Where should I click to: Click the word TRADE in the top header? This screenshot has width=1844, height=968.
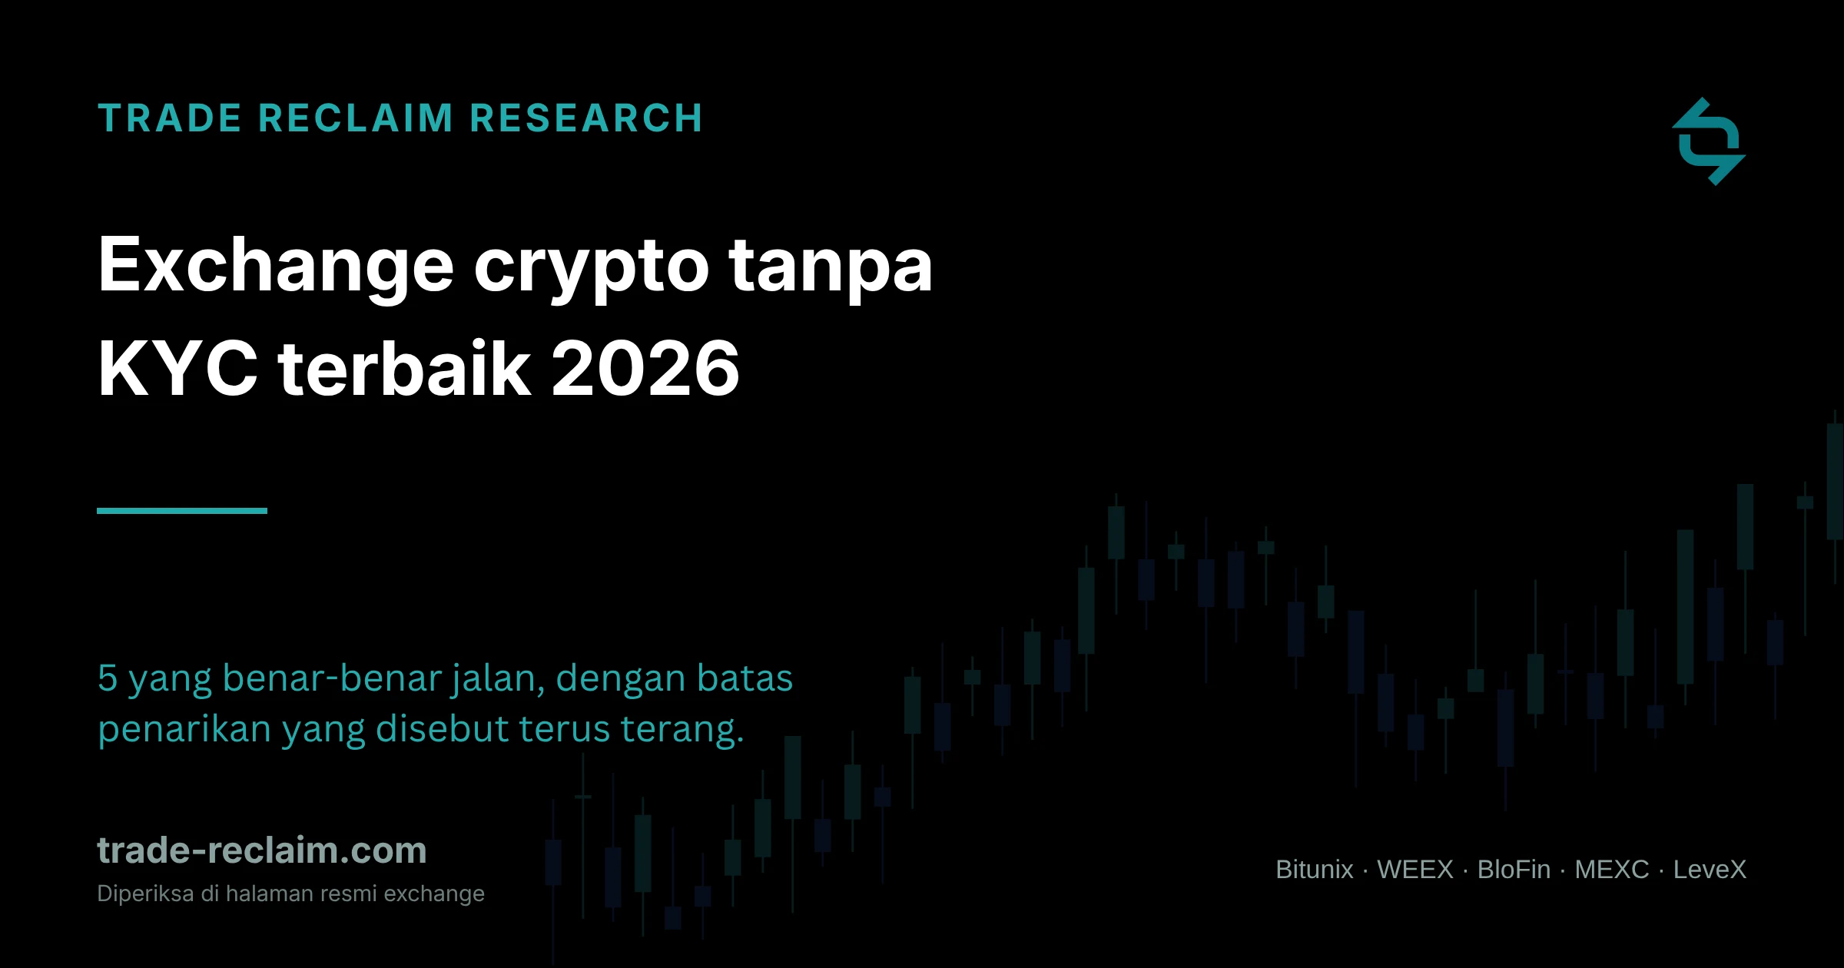(x=170, y=118)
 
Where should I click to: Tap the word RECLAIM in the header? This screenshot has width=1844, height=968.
(x=356, y=118)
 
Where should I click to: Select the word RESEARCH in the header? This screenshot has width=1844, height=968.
(x=586, y=118)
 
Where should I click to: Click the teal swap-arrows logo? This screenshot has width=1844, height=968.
(x=1709, y=141)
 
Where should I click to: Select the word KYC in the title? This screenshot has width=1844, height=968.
(x=178, y=369)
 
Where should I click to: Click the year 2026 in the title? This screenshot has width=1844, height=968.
(x=645, y=369)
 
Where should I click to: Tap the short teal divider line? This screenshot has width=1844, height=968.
(x=182, y=511)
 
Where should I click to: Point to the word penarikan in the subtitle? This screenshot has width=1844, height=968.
(x=185, y=730)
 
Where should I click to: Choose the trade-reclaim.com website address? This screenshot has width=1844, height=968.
(x=262, y=850)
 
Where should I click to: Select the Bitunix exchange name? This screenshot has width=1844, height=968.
(x=1315, y=870)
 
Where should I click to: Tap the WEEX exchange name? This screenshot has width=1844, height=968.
(x=1415, y=870)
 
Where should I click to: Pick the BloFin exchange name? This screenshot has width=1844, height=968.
(x=1514, y=870)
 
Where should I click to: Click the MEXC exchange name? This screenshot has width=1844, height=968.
(x=1612, y=870)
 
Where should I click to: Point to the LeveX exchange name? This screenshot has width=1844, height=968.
(x=1710, y=870)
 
